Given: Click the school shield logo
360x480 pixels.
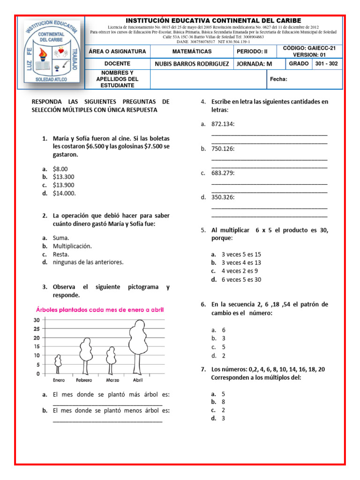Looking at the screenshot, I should tap(51, 52).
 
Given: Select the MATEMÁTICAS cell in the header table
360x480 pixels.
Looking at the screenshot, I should tap(192, 51).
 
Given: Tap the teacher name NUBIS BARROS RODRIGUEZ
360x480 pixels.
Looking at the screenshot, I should tap(192, 64).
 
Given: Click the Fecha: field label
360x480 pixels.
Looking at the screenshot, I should tap(278, 79).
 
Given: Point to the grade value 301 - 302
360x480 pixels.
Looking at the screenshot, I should tap(326, 63).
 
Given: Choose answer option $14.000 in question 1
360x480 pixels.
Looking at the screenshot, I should tap(64, 193).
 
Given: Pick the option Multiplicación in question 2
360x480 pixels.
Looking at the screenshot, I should tap(72, 246).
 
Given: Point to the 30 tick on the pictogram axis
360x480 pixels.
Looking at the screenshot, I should tap(36, 320).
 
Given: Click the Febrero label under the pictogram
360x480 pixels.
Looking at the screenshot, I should tap(84, 380).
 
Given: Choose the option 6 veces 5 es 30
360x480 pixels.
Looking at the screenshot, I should tap(241, 279).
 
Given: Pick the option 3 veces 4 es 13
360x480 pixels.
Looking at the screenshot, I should tap(241, 262).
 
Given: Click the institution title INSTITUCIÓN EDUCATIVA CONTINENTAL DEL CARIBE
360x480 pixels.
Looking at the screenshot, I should tap(214, 21).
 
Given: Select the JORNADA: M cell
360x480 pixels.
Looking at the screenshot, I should tap(254, 64).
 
